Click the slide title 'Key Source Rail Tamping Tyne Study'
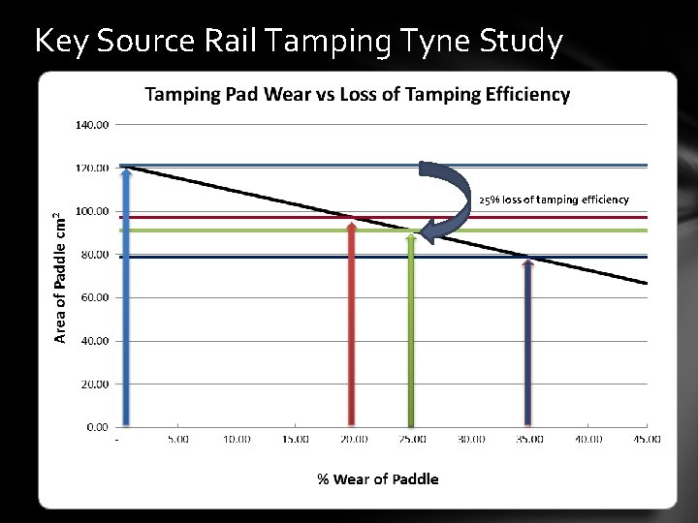(298, 42)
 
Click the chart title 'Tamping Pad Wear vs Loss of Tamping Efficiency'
(358, 94)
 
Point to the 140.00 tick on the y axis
(93, 125)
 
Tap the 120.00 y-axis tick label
(93, 169)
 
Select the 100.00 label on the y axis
(93, 211)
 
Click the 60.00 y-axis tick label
(95, 297)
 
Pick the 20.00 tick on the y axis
(95, 384)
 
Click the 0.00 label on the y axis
(97, 426)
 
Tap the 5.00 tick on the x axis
(177, 440)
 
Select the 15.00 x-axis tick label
(295, 440)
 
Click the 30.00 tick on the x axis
(471, 440)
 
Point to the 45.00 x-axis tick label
(647, 440)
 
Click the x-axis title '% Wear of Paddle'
(378, 479)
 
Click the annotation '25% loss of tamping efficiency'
(554, 200)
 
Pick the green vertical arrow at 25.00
(412, 329)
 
